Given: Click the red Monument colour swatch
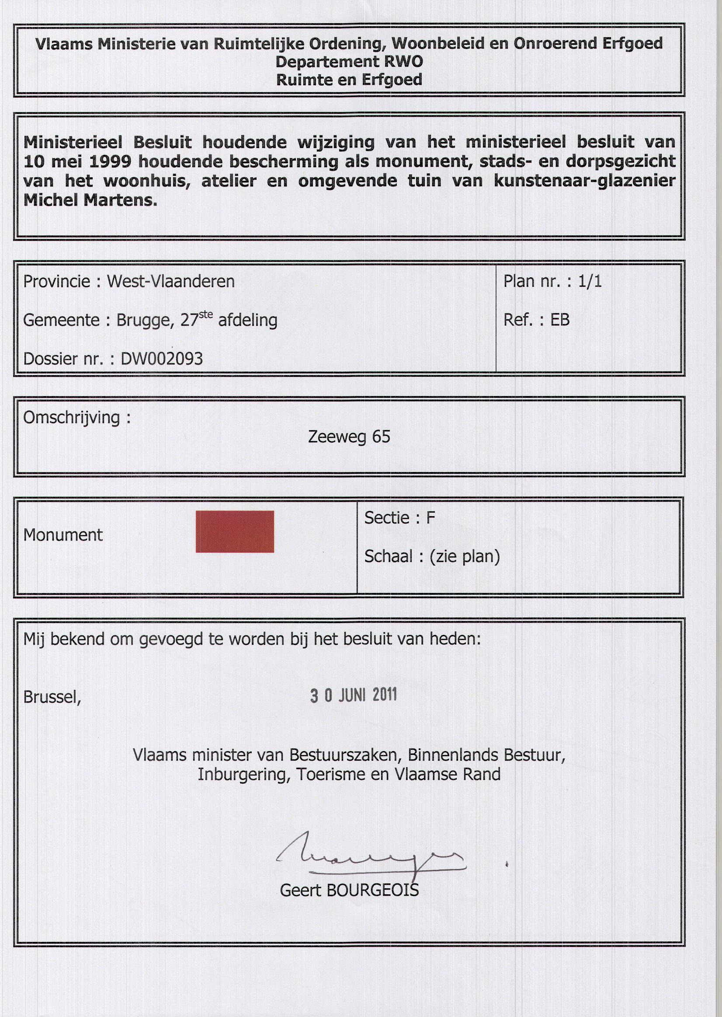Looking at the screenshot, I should pos(234,531).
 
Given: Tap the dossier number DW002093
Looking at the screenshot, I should pos(161,359).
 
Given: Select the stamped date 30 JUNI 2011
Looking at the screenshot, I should pos(353,696).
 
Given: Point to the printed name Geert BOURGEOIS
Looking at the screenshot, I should pos(349,890).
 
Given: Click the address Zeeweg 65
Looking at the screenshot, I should pos(349,437).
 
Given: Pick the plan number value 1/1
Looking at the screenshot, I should pos(590,281).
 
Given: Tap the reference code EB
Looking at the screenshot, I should pos(560,320).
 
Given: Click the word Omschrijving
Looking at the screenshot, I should pos(71,418).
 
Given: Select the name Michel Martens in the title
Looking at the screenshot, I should pos(90,200).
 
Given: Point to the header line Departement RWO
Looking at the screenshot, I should pos(349,62).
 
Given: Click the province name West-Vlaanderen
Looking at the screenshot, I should pos(171,281).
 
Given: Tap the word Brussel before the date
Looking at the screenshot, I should pos(51,697).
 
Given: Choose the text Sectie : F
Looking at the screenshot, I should pos(399,517).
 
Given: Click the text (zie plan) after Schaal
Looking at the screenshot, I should pos(465,556).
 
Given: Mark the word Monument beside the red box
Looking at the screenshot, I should pos(62,535).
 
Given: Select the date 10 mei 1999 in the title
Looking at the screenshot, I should pos(77,162).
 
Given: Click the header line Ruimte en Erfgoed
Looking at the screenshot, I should pos(349,80).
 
